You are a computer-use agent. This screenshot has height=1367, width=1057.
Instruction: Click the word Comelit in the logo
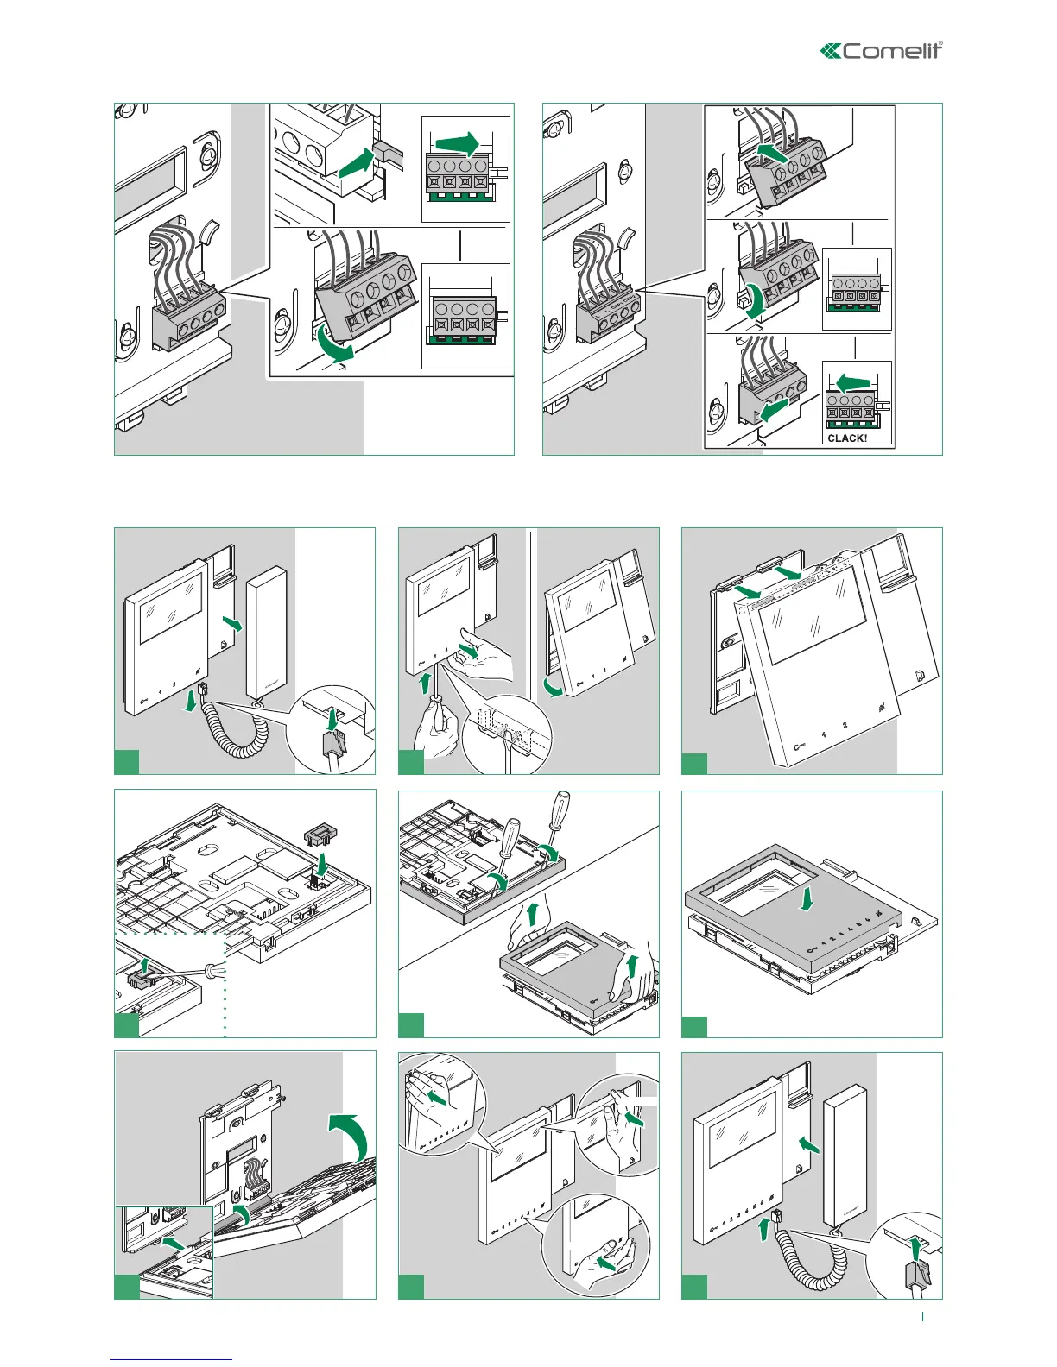[891, 51]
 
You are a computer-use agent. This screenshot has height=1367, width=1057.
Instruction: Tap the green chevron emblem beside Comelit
[830, 52]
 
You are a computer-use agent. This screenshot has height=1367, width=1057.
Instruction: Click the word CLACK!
[847, 438]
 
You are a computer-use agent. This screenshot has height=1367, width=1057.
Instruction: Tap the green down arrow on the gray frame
[807, 899]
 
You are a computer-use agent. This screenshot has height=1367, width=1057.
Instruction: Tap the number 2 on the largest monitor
[845, 726]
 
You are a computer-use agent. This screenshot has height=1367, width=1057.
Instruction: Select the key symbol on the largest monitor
[799, 745]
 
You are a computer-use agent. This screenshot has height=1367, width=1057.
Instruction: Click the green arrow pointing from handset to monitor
[809, 1143]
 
